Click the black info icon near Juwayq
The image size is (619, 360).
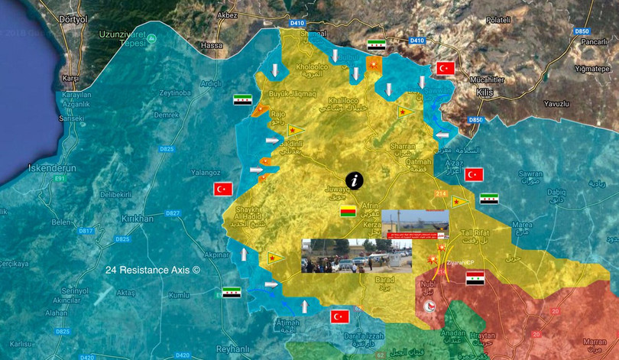[x=355, y=180]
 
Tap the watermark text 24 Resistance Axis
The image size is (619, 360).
[x=153, y=269]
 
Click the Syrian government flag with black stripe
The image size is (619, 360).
[x=475, y=277]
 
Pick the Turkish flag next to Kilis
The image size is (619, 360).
[x=446, y=68]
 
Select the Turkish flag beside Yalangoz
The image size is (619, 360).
[x=223, y=189]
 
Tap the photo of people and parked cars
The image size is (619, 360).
[x=356, y=255]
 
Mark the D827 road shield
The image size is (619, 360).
[x=173, y=212]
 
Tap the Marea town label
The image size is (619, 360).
[x=523, y=225]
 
